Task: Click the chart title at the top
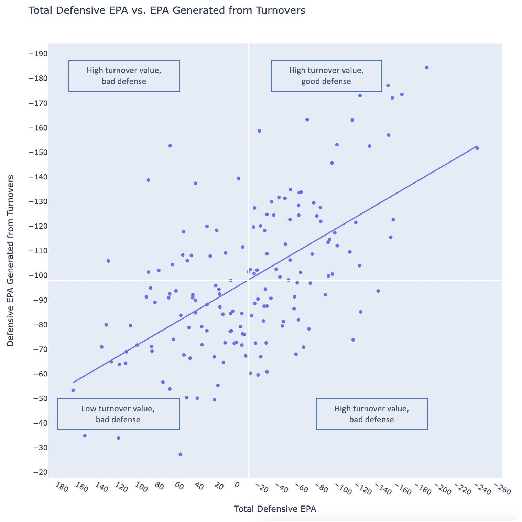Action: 167,11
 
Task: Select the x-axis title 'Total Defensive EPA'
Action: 275,509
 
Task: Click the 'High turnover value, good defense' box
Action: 326,76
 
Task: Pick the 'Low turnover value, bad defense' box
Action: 118,414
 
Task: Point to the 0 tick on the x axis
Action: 236,485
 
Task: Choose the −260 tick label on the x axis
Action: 502,489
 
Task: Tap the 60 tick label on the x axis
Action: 178,486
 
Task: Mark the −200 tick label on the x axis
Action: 443,489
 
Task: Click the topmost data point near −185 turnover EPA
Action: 427,67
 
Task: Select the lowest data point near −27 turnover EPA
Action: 180,455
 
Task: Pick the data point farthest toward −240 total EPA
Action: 477,148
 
